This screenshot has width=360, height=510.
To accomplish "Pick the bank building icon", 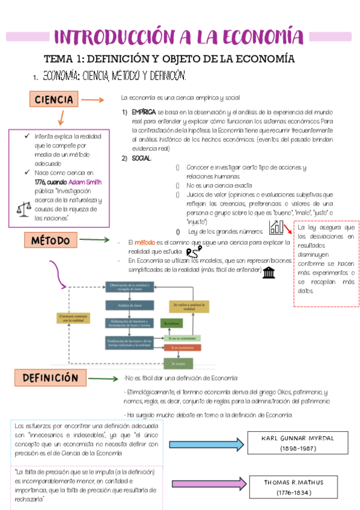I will pos(269,273).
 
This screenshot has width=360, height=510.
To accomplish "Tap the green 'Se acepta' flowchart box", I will pos(178,364).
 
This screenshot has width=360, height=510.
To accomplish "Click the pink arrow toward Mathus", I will pos(209,485).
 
